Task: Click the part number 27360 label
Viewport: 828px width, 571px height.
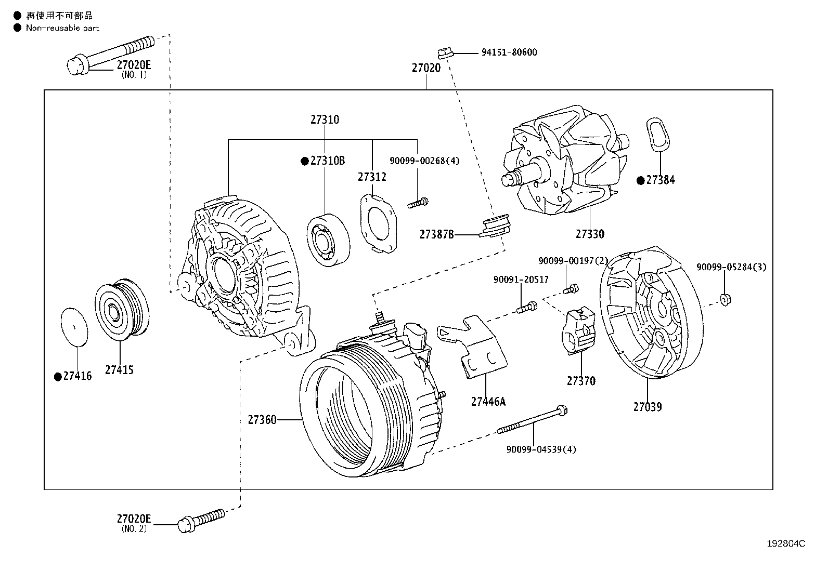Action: tap(262, 419)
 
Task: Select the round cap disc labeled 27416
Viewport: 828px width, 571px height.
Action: tap(74, 326)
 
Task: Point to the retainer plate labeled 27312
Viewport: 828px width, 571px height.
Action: tap(378, 223)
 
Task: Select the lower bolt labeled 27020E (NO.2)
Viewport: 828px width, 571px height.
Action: tap(200, 519)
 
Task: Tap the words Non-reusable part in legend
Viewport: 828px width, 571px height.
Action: tap(62, 28)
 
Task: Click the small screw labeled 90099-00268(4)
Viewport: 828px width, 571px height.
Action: tap(418, 203)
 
